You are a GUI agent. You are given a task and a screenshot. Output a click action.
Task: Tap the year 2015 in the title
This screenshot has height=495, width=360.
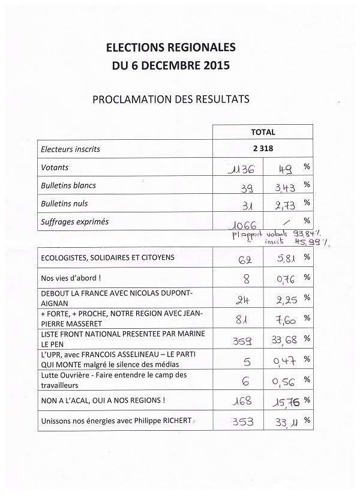[213, 65]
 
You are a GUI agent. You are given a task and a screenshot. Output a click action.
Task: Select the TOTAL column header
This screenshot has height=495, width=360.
[263, 132]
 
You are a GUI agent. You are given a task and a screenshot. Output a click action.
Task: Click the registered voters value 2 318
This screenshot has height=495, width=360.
[263, 149]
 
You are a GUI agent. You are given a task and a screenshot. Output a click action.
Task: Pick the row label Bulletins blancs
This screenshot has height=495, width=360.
[68, 185]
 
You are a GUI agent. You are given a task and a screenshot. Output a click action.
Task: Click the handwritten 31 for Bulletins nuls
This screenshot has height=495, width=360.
[245, 206]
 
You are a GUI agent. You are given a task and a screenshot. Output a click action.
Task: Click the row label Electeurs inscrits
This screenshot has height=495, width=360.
[70, 149]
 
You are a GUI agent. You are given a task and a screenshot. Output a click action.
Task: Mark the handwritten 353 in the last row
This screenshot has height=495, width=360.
[242, 422]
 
